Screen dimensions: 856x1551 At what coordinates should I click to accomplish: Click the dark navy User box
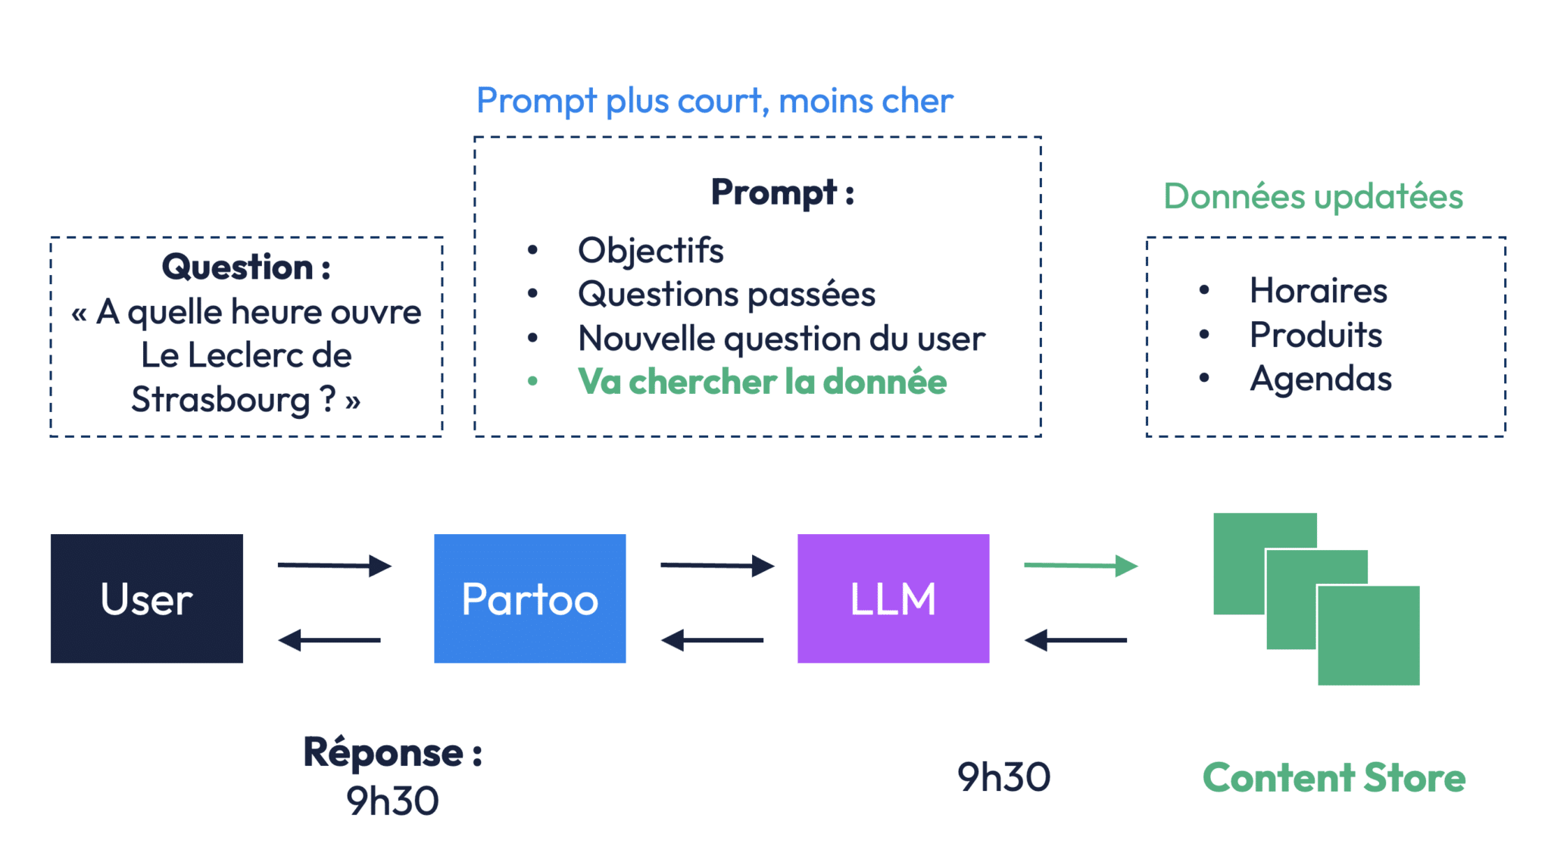[x=146, y=598]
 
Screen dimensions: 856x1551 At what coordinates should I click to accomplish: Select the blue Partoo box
[x=529, y=598]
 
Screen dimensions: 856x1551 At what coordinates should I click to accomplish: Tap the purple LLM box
[x=893, y=598]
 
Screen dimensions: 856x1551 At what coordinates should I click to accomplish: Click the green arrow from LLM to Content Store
[x=1080, y=565]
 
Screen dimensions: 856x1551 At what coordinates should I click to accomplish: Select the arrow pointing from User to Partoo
[x=333, y=565]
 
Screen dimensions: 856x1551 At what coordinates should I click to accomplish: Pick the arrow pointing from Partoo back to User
[x=330, y=640]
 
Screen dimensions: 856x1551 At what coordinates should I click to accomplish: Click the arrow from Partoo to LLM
[x=716, y=565]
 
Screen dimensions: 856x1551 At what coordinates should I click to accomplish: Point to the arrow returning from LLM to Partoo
[x=713, y=640]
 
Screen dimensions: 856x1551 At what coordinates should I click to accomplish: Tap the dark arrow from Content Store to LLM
[x=1076, y=640]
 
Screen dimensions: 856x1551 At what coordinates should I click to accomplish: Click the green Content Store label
[x=1334, y=778]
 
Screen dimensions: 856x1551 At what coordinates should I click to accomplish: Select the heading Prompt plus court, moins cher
[x=714, y=101]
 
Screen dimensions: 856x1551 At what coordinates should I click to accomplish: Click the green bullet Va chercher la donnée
[x=761, y=382]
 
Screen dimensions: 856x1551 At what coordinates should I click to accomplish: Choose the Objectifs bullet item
[x=651, y=251]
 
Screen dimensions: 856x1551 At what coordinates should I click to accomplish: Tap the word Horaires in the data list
[x=1319, y=291]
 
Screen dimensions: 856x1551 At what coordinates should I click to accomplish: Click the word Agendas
[x=1321, y=379]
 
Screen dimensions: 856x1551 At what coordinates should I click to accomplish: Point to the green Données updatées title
[x=1312, y=196]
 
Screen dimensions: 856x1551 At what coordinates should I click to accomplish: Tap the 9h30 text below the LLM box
[x=1003, y=777]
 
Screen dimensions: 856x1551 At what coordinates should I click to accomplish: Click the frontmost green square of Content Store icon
[x=1368, y=636]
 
